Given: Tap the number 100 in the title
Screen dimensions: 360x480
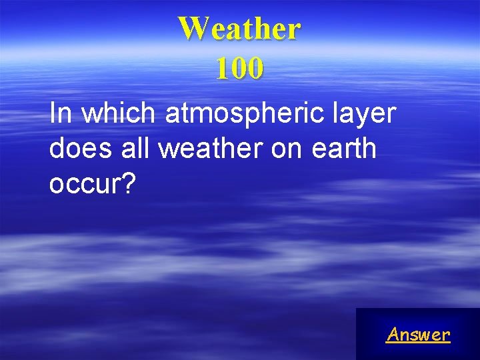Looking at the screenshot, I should coord(239,68).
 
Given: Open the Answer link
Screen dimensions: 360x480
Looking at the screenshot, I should coord(418,334).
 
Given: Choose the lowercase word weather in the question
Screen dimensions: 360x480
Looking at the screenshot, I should coord(211,149).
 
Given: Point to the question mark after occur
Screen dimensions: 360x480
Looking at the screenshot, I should coord(128,183).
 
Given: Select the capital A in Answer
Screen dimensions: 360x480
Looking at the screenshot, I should coord(393,334).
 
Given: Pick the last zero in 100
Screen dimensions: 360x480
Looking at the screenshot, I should coord(255,68).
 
